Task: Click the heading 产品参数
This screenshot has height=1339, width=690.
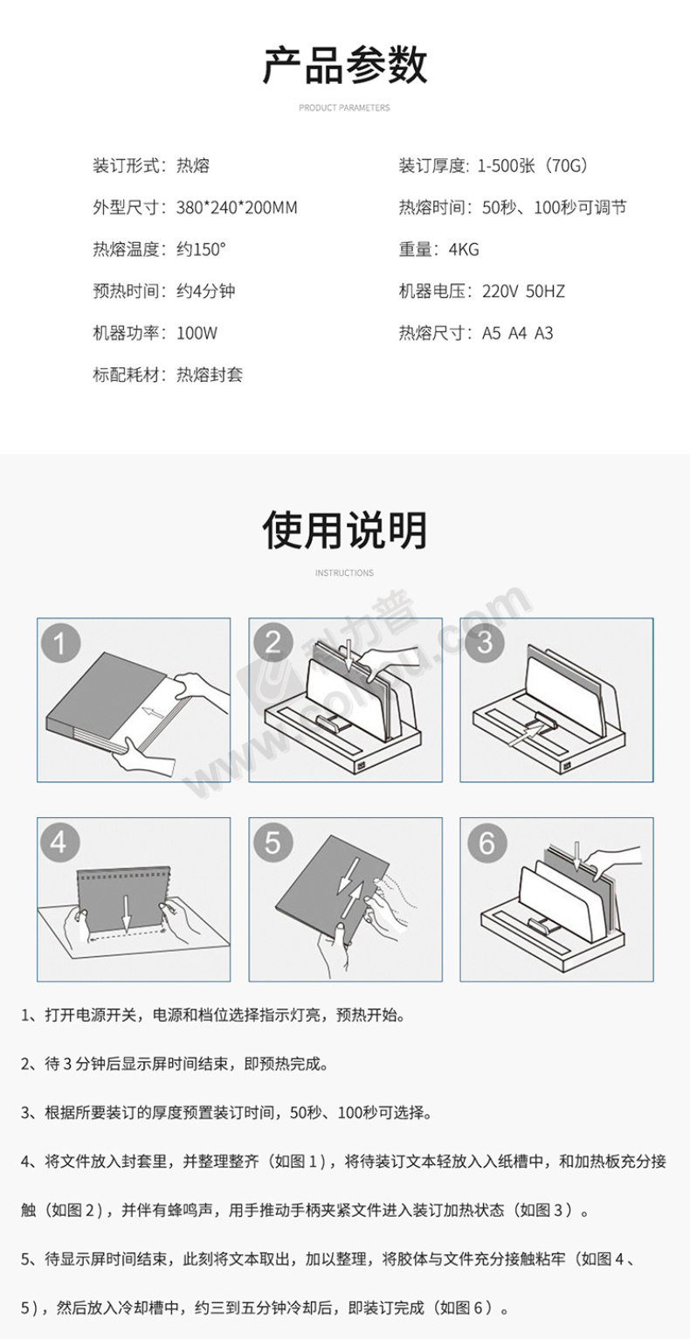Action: tap(345, 66)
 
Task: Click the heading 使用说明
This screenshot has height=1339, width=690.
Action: tap(345, 531)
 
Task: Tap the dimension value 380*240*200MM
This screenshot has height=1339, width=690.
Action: tap(237, 207)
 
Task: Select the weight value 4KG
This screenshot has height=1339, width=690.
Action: tap(464, 249)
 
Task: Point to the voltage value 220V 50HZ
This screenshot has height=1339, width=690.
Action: tap(523, 291)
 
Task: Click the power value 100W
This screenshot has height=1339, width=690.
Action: tap(197, 333)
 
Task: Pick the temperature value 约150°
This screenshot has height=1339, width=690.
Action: tap(202, 249)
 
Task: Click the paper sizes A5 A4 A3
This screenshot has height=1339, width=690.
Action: tap(517, 333)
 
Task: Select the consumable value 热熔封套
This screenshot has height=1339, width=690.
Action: tap(210, 375)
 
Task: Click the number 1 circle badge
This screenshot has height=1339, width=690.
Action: tap(60, 644)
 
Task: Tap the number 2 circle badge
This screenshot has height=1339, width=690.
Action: tap(273, 642)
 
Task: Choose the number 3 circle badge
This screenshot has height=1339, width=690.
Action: tap(485, 642)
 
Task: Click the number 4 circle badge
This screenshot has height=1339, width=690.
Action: tap(59, 843)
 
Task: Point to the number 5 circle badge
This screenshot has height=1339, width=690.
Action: tap(273, 843)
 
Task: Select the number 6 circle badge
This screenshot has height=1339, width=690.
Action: tap(486, 843)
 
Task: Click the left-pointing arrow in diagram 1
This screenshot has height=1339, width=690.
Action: tap(154, 712)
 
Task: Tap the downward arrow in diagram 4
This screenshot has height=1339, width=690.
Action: tap(126, 912)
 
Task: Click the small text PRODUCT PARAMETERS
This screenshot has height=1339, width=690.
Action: tap(345, 108)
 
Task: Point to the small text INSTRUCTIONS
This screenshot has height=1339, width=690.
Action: tap(345, 572)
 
